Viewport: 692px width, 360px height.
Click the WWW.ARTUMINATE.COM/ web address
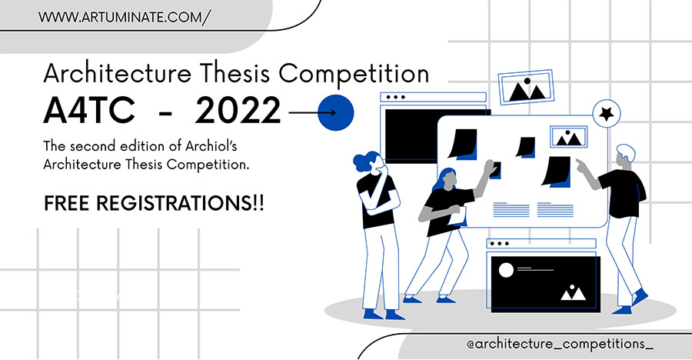coord(125,17)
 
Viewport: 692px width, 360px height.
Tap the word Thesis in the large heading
coord(234,73)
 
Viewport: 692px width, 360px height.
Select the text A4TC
coord(89,110)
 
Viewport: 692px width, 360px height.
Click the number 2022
coord(238,110)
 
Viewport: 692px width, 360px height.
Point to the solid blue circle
coord(336,112)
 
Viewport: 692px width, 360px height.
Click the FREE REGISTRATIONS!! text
coord(154,203)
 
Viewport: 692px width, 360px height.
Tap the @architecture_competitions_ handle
coord(560,344)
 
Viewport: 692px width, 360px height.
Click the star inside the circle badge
coord(607,114)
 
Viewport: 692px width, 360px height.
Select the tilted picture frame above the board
coord(526,88)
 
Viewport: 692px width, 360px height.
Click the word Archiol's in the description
coord(211,146)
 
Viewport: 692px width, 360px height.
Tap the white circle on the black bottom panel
coord(506,270)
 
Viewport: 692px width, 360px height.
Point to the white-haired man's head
coord(625,155)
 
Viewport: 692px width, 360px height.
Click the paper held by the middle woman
coord(457,216)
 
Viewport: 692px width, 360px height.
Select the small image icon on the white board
coord(568,136)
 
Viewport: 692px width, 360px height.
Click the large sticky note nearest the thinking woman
coord(463,144)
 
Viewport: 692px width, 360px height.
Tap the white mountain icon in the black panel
coord(573,292)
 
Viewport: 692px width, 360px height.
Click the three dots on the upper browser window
coord(396,97)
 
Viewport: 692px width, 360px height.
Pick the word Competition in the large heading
coord(354,74)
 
